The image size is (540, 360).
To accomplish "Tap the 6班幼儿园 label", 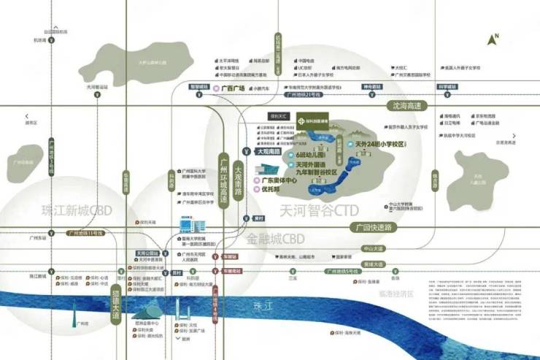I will click(311, 156).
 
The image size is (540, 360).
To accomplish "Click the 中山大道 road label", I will click(375, 248).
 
